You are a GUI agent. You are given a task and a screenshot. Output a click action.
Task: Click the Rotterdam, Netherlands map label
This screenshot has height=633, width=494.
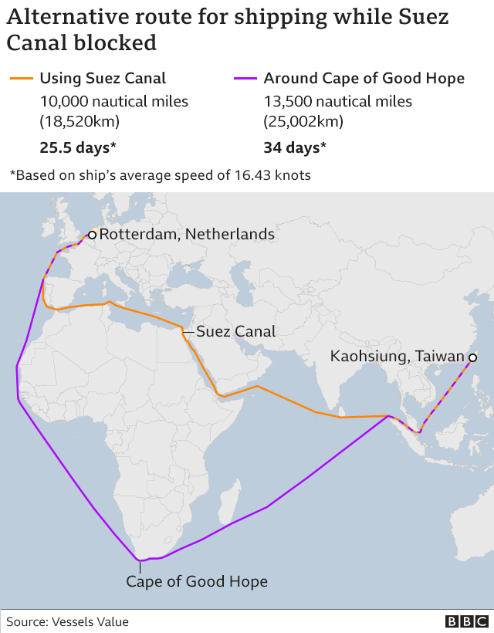coord(187,234)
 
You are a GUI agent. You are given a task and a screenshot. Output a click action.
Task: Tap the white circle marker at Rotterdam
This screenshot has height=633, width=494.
coord(92,234)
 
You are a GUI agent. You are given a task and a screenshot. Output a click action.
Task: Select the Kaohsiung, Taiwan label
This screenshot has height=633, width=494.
coord(398,357)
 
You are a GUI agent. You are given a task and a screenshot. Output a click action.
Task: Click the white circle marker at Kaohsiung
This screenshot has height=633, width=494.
coord(472,357)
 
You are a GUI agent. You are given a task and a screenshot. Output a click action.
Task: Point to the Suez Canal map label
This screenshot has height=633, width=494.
coord(235,332)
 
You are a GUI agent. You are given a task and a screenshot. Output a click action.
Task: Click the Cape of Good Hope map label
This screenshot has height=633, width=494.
coord(197,581)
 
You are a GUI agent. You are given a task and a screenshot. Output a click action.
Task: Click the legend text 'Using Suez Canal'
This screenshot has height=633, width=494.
coord(103,78)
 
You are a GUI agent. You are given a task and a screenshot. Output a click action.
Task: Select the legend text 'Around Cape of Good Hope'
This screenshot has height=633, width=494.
coord(364,78)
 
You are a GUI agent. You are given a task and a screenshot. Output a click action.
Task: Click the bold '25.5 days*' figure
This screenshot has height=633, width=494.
coord(78,147)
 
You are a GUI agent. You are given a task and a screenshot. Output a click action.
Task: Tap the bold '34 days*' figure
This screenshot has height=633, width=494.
coord(295,147)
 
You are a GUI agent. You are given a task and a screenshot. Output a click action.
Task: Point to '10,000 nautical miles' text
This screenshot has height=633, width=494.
coord(114,101)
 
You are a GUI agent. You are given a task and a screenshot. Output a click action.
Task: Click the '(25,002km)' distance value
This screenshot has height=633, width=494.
coord(303,121)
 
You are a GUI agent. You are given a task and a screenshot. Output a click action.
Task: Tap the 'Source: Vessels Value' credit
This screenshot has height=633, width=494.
coord(68,621)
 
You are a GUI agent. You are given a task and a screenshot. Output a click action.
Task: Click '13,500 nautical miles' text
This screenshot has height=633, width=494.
coord(338,101)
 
